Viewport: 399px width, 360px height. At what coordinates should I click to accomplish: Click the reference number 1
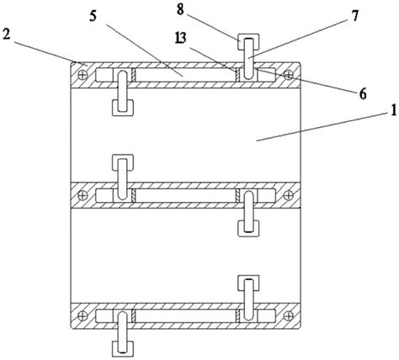click(393, 110)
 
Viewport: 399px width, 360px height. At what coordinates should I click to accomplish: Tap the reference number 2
click(6, 34)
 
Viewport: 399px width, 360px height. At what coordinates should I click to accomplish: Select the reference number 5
click(93, 16)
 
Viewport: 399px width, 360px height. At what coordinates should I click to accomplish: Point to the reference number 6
click(363, 93)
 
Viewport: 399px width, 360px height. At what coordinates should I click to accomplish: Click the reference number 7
click(355, 16)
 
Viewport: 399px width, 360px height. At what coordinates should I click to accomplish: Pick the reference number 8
click(180, 9)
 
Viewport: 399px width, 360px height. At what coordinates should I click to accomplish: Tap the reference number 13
click(180, 38)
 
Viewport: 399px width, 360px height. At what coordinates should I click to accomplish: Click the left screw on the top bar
click(82, 75)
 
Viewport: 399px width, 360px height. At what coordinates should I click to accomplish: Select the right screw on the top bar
click(289, 75)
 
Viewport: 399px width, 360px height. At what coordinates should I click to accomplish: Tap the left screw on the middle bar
click(82, 195)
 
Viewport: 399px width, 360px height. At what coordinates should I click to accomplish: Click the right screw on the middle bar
click(289, 195)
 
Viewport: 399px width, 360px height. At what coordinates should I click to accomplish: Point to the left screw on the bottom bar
click(82, 316)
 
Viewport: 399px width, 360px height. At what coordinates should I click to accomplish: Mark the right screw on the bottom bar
click(289, 316)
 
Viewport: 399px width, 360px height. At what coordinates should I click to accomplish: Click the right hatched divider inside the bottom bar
click(237, 316)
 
